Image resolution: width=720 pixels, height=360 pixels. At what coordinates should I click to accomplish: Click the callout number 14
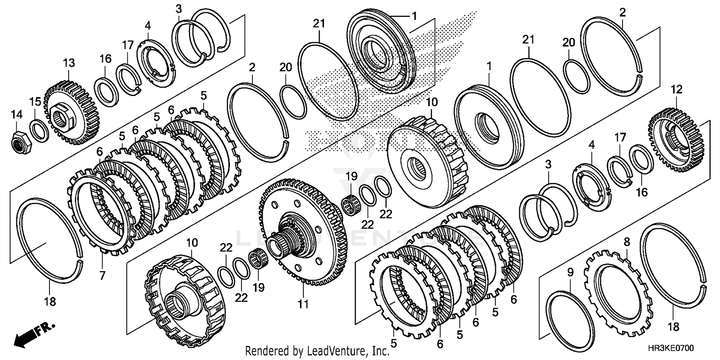click(x=17, y=114)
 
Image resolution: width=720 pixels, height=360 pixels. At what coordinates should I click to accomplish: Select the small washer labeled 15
click(x=38, y=131)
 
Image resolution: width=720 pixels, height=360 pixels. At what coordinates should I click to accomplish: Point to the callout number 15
click(x=35, y=102)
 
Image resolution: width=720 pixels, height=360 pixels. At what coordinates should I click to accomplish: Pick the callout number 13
click(x=69, y=63)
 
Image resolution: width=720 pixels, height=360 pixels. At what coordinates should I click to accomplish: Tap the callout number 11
click(x=303, y=304)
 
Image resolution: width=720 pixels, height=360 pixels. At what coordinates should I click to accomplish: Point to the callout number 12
click(x=676, y=89)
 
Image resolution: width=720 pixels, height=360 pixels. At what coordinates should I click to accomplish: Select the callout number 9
click(x=570, y=273)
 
